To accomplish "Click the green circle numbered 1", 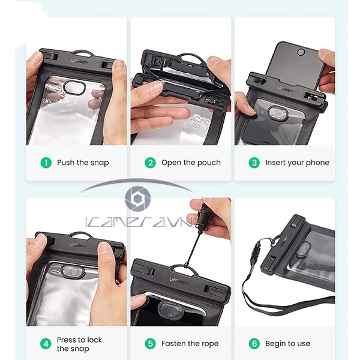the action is [46, 163].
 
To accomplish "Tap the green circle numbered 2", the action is [150, 163].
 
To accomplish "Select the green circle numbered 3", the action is [254, 163].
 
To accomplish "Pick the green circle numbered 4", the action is [46, 344].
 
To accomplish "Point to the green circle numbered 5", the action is [150, 344].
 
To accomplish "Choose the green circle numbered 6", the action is [254, 344].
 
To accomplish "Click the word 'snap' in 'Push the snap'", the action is [100, 163].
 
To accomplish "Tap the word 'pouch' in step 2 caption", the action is [209, 163].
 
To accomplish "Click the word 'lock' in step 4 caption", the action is [94, 340].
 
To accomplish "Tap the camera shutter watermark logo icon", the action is [137, 199].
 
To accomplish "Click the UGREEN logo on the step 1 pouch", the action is [79, 62].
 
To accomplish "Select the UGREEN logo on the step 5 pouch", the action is [179, 281].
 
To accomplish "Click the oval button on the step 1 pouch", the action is [74, 88].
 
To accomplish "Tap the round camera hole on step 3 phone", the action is [301, 52].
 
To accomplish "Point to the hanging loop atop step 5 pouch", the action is [183, 268].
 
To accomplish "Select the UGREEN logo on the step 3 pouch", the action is [284, 89].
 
